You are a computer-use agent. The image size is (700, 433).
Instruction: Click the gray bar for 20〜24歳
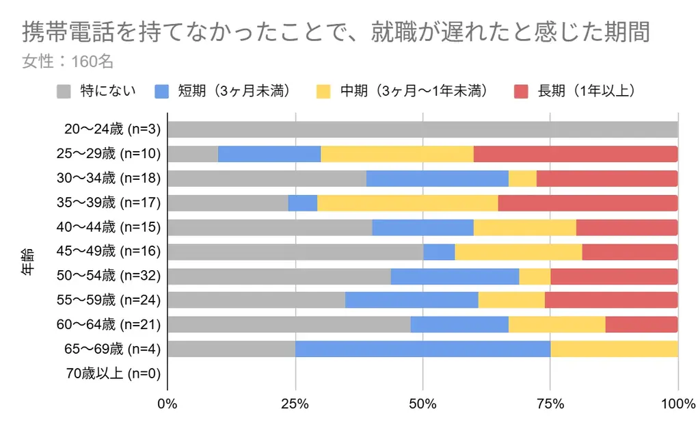click(422, 130)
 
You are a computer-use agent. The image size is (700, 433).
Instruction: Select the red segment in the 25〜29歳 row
click(576, 154)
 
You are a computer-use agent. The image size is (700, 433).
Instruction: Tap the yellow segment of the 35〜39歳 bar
click(407, 203)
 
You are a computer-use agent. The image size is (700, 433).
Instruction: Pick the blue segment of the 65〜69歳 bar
click(422, 350)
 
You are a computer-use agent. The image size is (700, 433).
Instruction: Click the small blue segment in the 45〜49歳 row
click(439, 252)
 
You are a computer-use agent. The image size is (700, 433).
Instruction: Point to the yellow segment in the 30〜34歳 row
click(522, 179)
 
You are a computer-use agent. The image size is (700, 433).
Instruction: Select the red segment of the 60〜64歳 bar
click(641, 325)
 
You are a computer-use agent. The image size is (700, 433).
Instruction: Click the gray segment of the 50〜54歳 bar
click(279, 276)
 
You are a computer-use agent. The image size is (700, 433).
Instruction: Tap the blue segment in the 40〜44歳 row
click(422, 227)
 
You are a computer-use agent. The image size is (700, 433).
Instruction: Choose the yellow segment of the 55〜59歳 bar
click(511, 300)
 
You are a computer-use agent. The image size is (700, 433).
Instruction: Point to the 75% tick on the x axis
click(550, 404)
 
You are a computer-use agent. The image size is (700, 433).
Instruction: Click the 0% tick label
click(167, 404)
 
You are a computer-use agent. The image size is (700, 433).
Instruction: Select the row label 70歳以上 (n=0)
click(113, 373)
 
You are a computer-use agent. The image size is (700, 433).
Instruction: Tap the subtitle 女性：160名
click(67, 62)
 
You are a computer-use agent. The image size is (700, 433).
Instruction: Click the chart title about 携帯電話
click(336, 32)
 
